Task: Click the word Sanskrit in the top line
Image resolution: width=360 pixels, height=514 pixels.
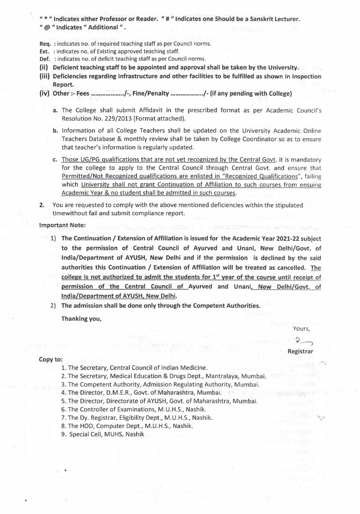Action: (x=259, y=19)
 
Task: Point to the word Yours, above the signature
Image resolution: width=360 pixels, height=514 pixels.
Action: (x=301, y=329)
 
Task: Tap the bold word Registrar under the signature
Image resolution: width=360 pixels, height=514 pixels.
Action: (x=300, y=352)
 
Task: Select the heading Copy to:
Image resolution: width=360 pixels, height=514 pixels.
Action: (x=51, y=359)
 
